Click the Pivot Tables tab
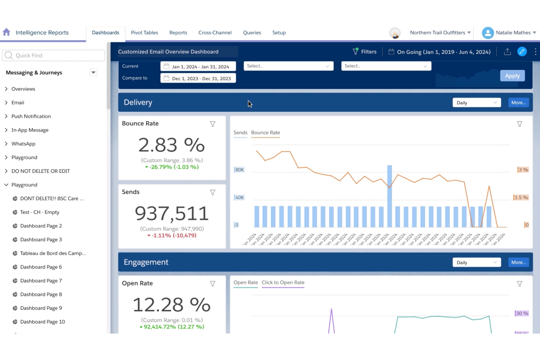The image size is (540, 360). click(x=144, y=32)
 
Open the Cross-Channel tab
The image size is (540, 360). click(x=215, y=32)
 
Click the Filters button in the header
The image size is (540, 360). click(x=364, y=52)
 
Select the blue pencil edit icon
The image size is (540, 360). click(x=522, y=52)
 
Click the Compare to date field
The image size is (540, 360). click(x=198, y=78)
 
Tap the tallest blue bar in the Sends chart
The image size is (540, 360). click(x=390, y=196)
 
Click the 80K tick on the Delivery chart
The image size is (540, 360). click(x=239, y=170)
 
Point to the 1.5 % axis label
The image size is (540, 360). click(x=521, y=197)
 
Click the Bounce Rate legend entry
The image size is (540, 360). click(x=265, y=133)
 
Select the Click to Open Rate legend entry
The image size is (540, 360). click(x=283, y=283)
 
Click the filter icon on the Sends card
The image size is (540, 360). click(x=213, y=193)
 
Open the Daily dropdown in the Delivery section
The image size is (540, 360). click(x=477, y=103)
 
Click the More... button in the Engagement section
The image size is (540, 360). click(x=518, y=262)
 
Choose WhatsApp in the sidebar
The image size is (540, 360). click(x=23, y=144)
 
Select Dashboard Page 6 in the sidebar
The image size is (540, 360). click(x=41, y=267)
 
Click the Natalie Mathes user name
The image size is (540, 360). click(x=513, y=32)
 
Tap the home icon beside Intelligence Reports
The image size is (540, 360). click(x=7, y=32)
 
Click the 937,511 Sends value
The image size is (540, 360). click(x=172, y=213)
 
